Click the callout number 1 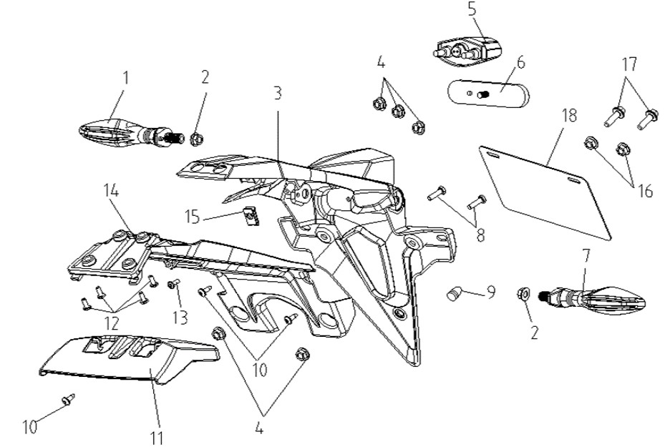(x=126, y=78)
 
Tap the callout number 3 (x=278, y=93)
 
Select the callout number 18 (x=569, y=116)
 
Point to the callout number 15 (x=193, y=217)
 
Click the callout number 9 (x=491, y=292)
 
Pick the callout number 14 (x=111, y=190)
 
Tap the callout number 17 (x=629, y=64)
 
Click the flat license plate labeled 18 (x=545, y=192)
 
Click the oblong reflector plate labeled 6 (x=488, y=93)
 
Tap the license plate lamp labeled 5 (x=466, y=51)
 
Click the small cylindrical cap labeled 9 (x=454, y=294)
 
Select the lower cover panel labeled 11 (x=128, y=358)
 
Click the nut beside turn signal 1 (x=196, y=139)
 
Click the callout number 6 (x=520, y=63)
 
